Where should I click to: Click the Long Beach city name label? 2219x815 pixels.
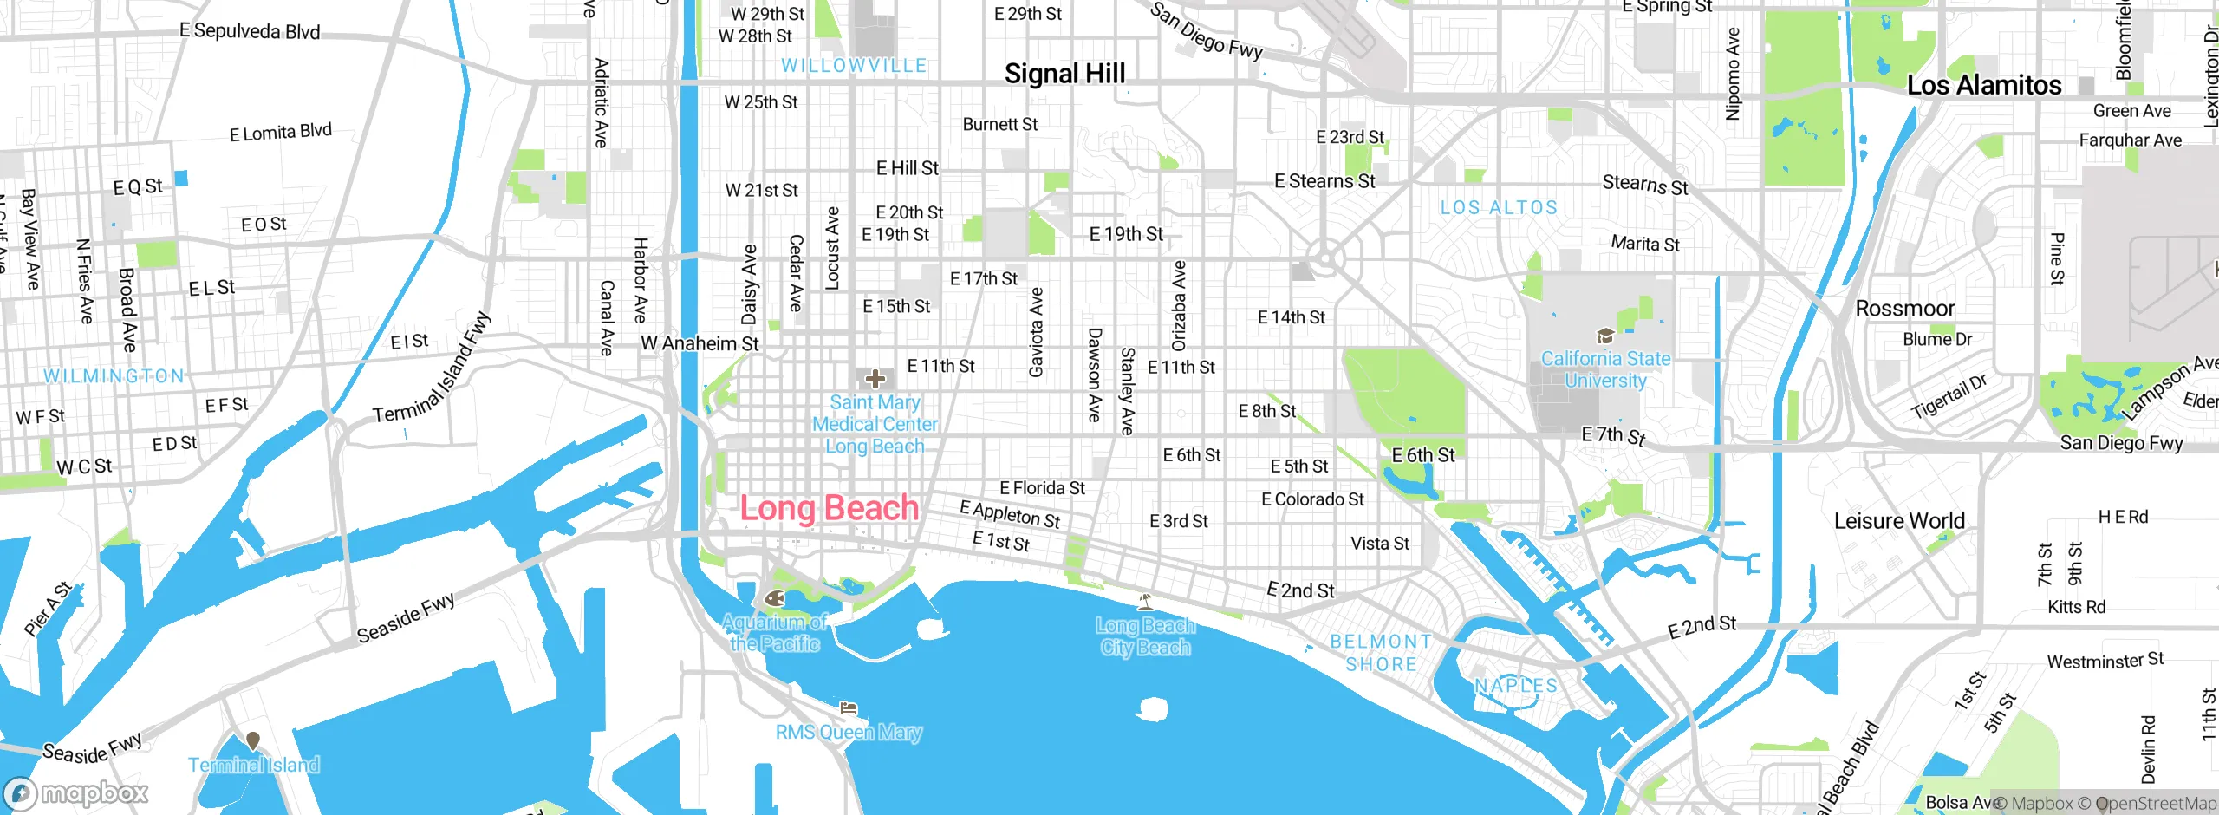(829, 508)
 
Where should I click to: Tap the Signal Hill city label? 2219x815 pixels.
(1064, 74)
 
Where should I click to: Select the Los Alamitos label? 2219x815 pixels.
(1983, 85)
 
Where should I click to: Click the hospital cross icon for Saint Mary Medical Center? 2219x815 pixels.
(875, 379)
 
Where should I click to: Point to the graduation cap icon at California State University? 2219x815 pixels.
(1604, 336)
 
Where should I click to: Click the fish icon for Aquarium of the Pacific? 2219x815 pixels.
(774, 598)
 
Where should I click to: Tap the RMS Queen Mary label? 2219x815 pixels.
(848, 732)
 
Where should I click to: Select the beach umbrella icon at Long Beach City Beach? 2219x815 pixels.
(1145, 600)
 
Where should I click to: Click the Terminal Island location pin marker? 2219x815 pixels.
(252, 740)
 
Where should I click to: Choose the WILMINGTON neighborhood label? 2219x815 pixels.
(114, 375)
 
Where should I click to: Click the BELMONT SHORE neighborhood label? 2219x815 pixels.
(1381, 653)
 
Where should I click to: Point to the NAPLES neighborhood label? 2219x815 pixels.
(1516, 685)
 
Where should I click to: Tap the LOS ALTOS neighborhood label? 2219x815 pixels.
(1499, 208)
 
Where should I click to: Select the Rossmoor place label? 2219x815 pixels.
(1904, 309)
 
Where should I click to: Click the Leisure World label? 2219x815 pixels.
(1898, 521)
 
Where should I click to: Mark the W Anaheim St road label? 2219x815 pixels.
(700, 343)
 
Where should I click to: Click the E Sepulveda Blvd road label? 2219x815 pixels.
(250, 31)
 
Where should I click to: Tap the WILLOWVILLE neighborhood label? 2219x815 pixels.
(854, 66)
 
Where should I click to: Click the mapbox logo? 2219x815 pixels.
(75, 792)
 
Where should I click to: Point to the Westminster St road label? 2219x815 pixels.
(2105, 661)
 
